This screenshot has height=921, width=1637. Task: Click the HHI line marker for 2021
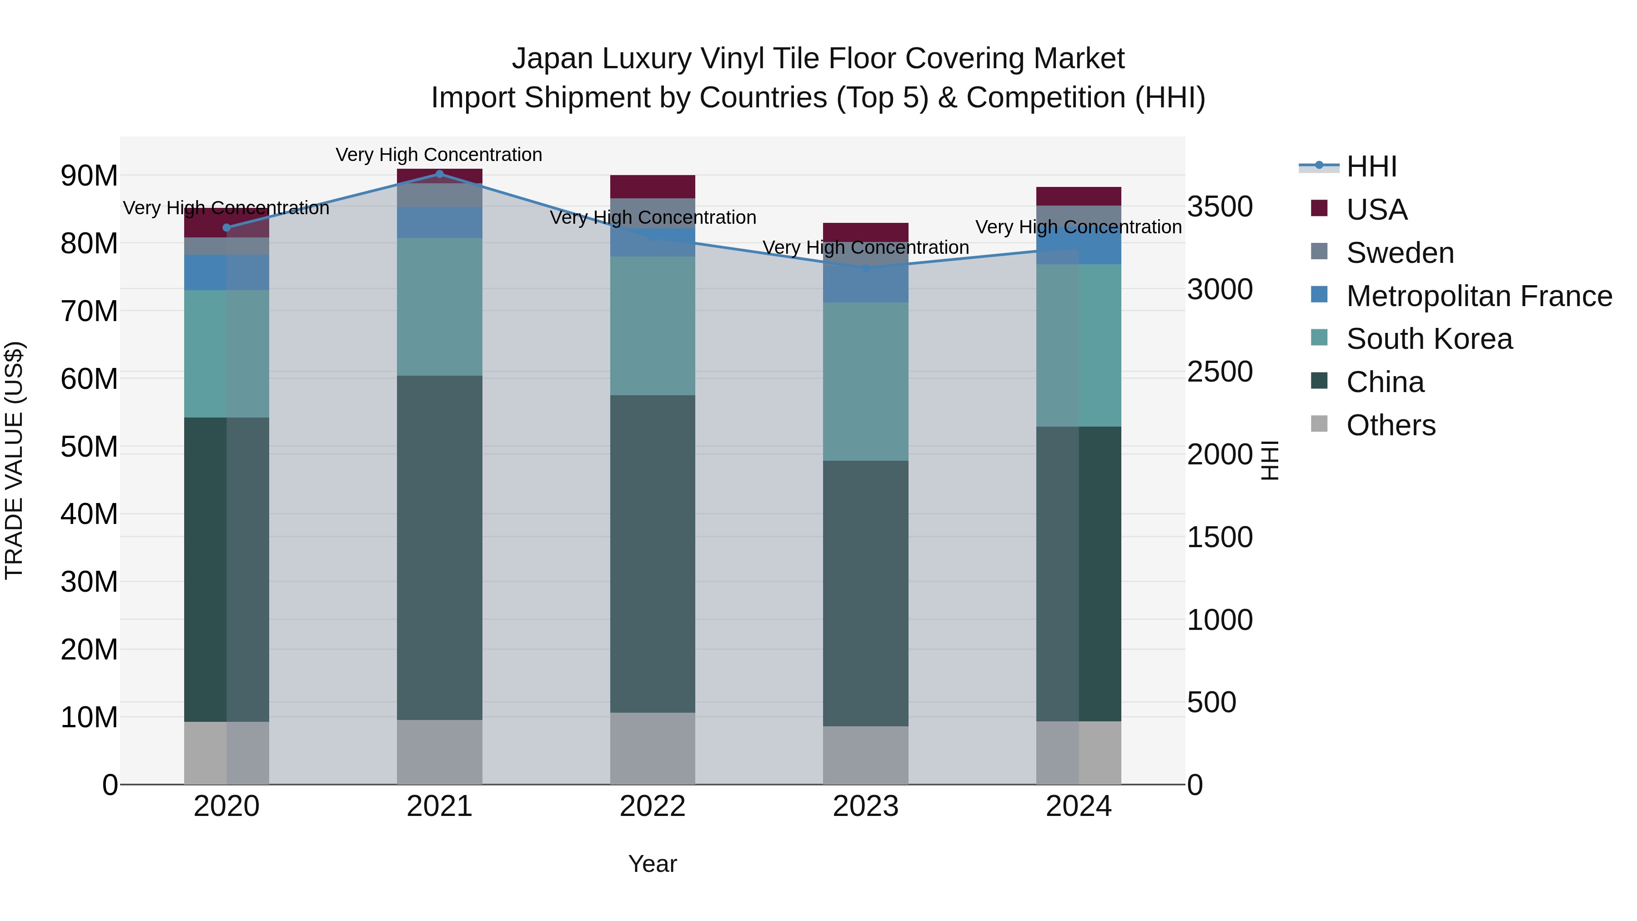(x=439, y=174)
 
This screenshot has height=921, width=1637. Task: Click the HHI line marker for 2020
(x=227, y=227)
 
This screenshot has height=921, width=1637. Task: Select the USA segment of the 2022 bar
(x=652, y=186)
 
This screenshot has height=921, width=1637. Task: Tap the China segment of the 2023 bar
(x=865, y=593)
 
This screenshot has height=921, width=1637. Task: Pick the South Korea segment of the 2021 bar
(x=439, y=307)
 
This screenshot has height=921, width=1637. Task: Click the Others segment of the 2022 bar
(x=652, y=748)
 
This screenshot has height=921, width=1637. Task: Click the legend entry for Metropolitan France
(x=1478, y=296)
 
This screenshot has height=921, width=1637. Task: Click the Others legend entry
(x=1391, y=425)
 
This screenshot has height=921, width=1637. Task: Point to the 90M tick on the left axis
(x=89, y=176)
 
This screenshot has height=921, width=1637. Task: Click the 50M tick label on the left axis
(x=89, y=447)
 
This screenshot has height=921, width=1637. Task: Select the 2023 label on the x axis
(x=865, y=806)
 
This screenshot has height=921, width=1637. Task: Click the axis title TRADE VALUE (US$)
(x=14, y=460)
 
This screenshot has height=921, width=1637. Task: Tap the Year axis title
(x=652, y=864)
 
